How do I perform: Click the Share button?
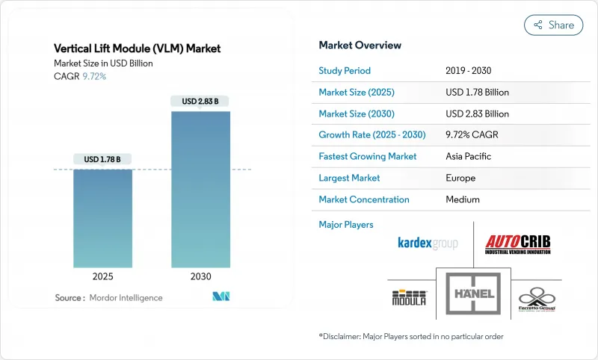coord(553,25)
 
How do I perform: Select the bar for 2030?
coord(200,190)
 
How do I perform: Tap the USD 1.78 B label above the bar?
coord(102,158)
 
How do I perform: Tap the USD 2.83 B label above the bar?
coord(200,101)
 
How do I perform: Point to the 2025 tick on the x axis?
coord(102,276)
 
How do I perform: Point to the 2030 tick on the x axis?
coord(200,276)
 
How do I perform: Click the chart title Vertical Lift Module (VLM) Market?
coord(138,49)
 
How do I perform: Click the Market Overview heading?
coord(359,45)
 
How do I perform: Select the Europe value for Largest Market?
coord(461,179)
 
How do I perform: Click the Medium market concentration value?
coord(463,199)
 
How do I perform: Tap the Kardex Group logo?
coord(427,243)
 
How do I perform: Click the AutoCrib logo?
coord(520,243)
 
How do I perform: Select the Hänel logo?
coord(473,294)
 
